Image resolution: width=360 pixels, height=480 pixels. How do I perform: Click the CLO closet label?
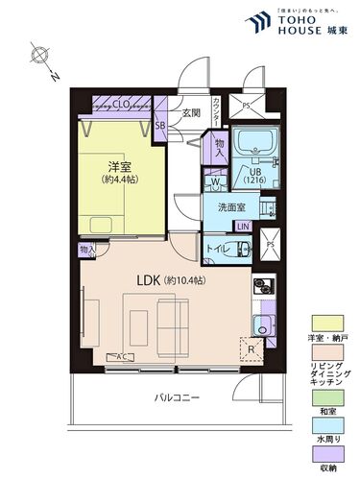coord(122,105)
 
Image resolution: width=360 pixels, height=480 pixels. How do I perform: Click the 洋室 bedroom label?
coord(119,164)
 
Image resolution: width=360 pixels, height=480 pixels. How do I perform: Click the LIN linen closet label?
coord(244,226)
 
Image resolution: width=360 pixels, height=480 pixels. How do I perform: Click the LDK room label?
coord(149,280)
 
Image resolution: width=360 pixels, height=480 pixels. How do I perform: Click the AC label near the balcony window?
coord(122,357)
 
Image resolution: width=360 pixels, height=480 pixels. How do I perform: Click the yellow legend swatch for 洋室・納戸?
coord(325,324)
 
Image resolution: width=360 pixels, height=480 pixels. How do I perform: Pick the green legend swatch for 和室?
coord(325,395)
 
